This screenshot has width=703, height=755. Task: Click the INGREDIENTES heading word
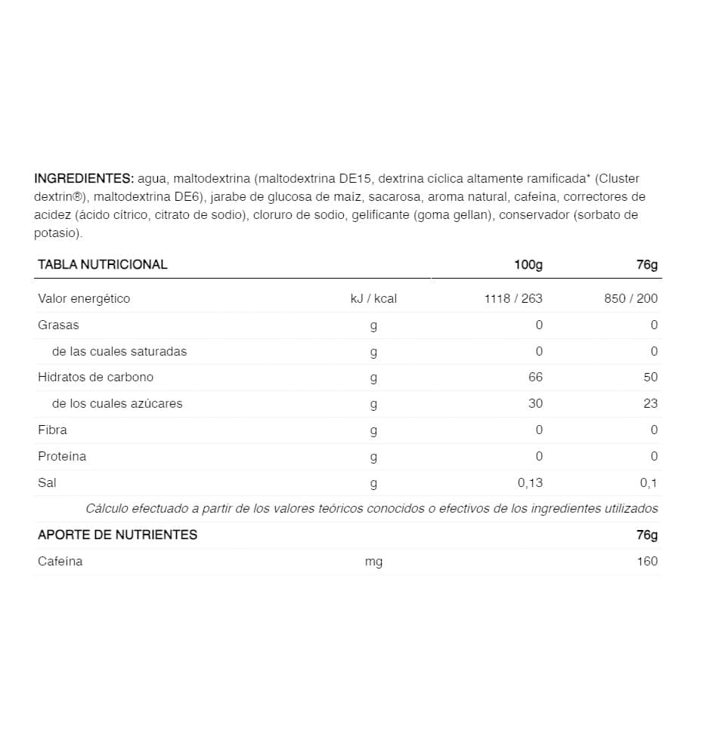click(x=83, y=179)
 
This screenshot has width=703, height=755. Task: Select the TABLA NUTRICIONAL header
click(x=103, y=264)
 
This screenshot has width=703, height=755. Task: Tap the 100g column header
click(x=528, y=264)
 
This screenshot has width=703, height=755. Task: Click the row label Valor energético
click(x=84, y=298)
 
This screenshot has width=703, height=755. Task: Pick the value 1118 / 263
click(x=513, y=298)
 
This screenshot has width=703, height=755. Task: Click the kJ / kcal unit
click(x=373, y=298)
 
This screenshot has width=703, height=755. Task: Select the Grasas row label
click(x=58, y=325)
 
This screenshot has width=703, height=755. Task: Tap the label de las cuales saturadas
click(x=119, y=351)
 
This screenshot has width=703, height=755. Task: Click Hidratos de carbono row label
click(x=95, y=377)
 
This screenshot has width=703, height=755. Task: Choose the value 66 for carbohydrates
click(x=536, y=377)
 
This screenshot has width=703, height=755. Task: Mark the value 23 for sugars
click(x=651, y=403)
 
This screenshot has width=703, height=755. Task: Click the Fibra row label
click(x=52, y=430)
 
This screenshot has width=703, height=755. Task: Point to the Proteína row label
click(x=62, y=456)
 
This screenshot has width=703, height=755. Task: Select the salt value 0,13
click(x=529, y=482)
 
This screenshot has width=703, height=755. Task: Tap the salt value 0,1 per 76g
click(x=649, y=482)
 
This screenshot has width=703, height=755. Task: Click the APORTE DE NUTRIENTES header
click(x=117, y=535)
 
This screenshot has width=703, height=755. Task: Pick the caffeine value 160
click(x=647, y=561)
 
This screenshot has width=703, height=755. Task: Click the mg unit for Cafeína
click(x=373, y=562)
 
